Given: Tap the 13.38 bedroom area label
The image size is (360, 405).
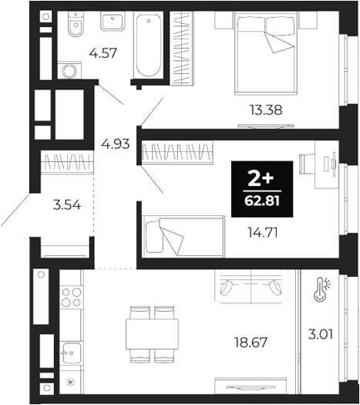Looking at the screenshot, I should [264, 110].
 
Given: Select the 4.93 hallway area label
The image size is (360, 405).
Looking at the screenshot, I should [115, 143].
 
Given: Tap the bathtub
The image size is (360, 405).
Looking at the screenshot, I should [149, 45].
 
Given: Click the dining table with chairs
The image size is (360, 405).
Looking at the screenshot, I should [153, 333].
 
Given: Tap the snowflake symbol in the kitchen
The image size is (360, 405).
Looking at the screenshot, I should [71, 380].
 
